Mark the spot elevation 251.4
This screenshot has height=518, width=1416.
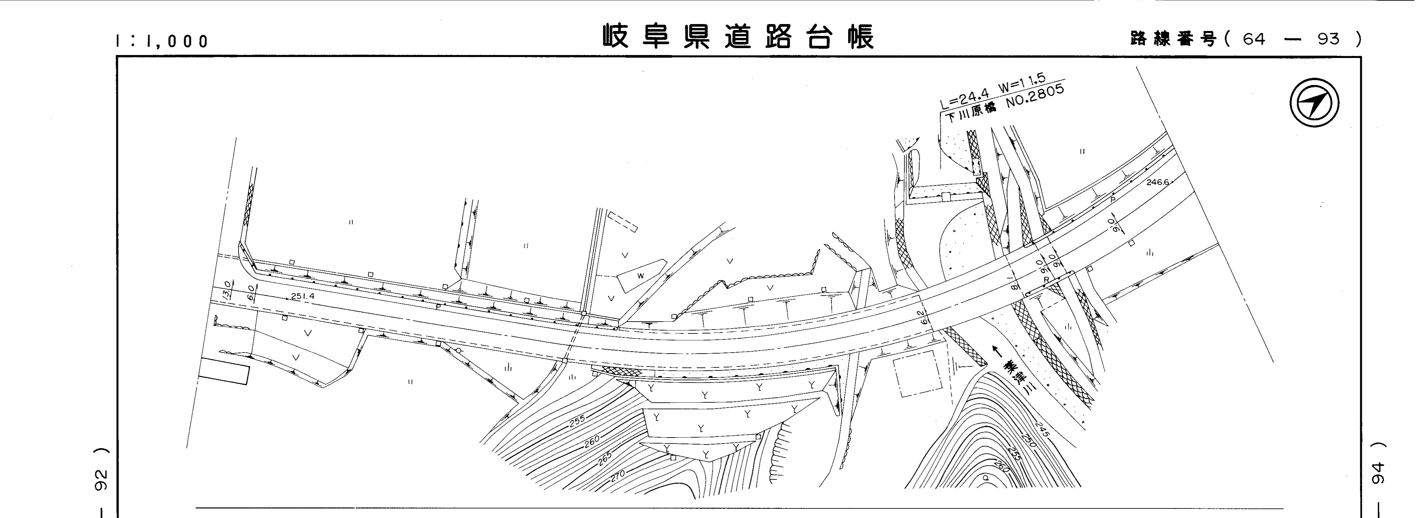[x=303, y=296]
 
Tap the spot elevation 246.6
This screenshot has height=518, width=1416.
[x=1158, y=182]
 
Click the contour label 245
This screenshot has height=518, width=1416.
[x=1041, y=429]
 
